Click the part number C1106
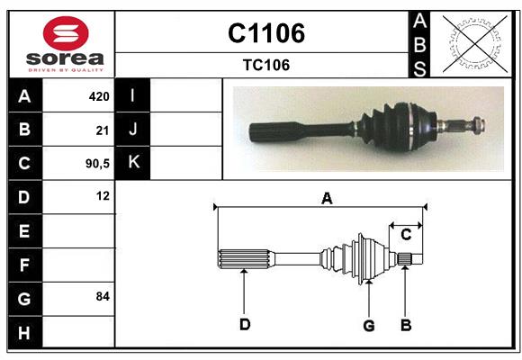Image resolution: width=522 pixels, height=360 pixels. (x=265, y=33)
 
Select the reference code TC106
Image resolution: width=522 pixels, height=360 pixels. (x=265, y=65)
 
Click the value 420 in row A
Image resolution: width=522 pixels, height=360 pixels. (x=98, y=95)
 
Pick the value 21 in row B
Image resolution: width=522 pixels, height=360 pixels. (x=102, y=130)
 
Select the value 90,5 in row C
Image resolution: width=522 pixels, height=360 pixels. (x=96, y=164)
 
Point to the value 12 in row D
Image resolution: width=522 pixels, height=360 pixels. (x=102, y=195)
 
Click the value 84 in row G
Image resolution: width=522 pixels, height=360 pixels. (x=102, y=296)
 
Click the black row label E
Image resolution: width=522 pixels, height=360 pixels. (x=24, y=231)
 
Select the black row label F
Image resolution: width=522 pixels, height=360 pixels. (x=24, y=265)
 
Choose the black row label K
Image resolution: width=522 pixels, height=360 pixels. (x=133, y=163)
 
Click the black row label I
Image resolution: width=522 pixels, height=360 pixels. (x=133, y=95)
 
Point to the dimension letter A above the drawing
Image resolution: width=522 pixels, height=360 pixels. (x=327, y=199)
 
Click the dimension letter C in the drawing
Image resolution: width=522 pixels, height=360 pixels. (x=406, y=234)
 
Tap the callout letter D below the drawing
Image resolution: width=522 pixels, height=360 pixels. (x=244, y=324)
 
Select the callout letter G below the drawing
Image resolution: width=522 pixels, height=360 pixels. (x=368, y=325)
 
